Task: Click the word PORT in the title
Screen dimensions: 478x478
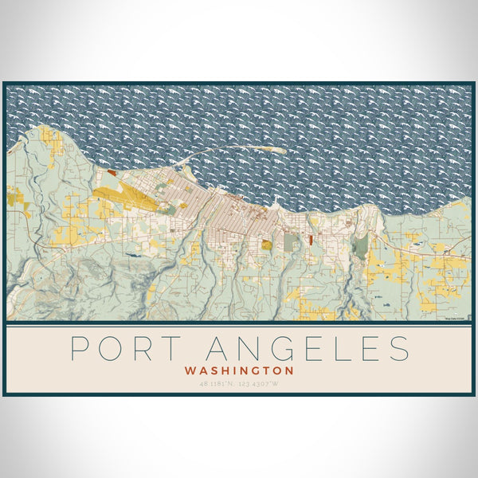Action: [120, 348]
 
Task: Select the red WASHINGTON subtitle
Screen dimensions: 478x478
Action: [239, 370]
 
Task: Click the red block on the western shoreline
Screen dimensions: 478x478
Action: [112, 171]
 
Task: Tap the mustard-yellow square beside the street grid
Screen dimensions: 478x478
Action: [267, 245]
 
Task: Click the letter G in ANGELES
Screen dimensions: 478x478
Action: [280, 348]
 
